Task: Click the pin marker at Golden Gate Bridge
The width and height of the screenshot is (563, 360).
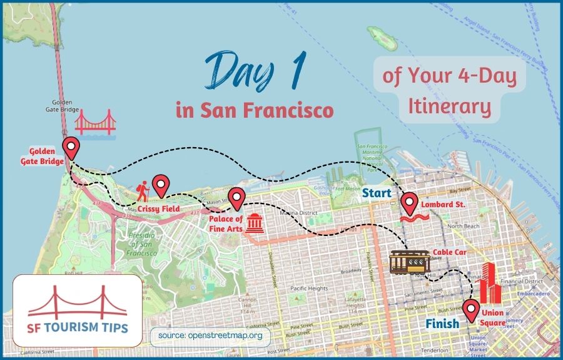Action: coord(73,148)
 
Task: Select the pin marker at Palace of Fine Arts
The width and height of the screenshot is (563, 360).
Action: coord(236,198)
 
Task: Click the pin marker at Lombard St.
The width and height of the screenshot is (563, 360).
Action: coord(409,202)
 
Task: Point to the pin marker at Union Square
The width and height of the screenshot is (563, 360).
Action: coord(470,309)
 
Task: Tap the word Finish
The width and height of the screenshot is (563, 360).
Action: coord(442,324)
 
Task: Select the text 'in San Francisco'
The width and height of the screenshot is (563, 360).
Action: coord(254,111)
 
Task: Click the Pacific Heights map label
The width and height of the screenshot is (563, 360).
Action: coord(309,288)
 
